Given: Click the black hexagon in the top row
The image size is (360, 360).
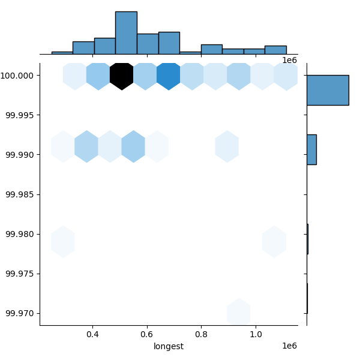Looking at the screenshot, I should click(x=122, y=76).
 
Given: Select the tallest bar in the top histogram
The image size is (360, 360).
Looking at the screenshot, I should click(x=126, y=33).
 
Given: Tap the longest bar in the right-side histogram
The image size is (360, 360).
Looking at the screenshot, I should click(x=328, y=90).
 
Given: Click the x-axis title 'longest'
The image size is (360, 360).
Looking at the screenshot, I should click(x=169, y=346).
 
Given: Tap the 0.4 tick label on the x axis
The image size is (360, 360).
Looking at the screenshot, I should click(x=92, y=334).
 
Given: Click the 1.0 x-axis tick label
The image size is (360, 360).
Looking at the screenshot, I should click(x=256, y=334).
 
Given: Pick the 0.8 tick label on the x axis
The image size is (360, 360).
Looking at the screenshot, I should click(x=202, y=334).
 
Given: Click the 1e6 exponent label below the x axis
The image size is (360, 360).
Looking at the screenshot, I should click(x=290, y=346).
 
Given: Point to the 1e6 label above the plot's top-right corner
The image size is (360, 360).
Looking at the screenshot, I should click(x=290, y=60).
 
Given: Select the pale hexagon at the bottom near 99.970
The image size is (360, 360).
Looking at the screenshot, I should click(x=238, y=313).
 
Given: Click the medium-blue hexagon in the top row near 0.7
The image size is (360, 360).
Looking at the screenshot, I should click(x=169, y=76).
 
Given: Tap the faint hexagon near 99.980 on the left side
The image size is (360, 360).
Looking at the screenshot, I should click(x=63, y=241).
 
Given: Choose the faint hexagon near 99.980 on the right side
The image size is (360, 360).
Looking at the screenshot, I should click(x=274, y=241).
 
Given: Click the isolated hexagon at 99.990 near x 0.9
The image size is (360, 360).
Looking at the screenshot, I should click(x=227, y=146).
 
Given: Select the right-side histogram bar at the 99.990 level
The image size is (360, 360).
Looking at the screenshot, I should click(x=311, y=149).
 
